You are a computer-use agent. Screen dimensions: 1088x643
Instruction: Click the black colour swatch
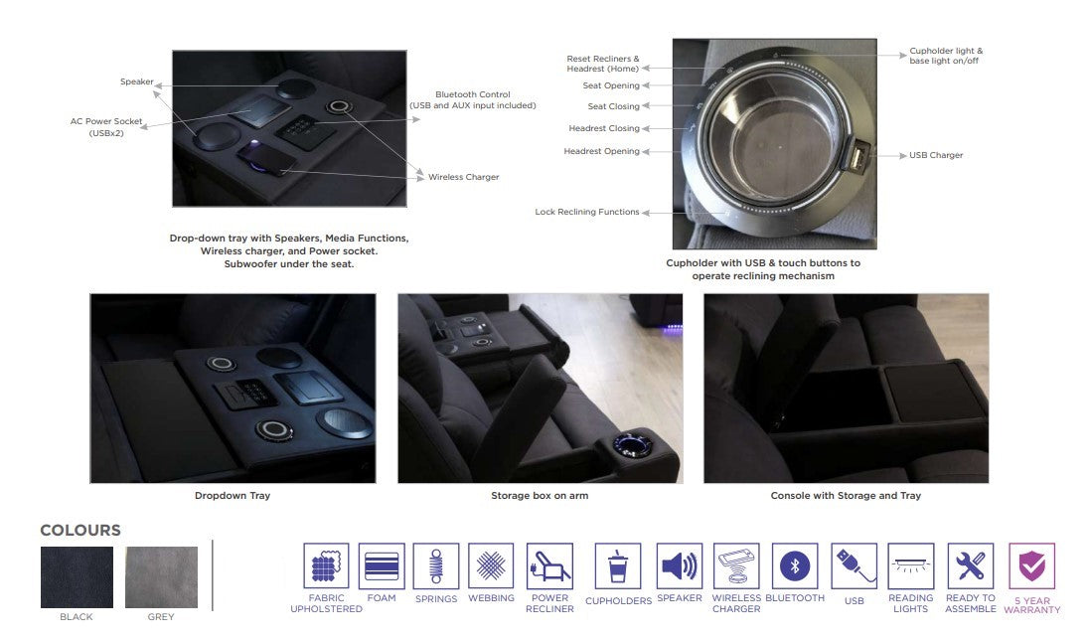click(x=77, y=577)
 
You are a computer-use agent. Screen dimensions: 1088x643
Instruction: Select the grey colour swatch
click(x=161, y=577)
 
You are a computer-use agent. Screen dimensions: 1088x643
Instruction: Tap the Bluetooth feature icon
click(x=795, y=565)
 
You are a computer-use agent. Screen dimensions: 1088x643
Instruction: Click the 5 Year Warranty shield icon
click(x=1031, y=565)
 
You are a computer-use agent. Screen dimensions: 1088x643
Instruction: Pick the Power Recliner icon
click(x=549, y=565)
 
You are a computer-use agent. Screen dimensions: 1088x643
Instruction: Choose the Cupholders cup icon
click(x=618, y=565)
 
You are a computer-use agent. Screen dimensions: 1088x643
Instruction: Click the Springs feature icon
click(x=436, y=565)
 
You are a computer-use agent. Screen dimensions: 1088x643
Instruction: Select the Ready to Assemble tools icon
click(x=970, y=565)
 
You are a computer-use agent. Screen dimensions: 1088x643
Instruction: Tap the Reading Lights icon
click(x=910, y=565)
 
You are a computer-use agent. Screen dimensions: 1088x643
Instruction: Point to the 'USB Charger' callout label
click(x=936, y=155)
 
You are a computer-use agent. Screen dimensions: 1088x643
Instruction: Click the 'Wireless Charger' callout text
click(x=463, y=177)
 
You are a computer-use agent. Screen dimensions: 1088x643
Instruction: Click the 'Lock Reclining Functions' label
click(x=587, y=212)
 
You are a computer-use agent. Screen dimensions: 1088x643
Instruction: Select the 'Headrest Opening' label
click(x=601, y=151)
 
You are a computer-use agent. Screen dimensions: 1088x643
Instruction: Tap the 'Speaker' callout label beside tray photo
click(x=137, y=81)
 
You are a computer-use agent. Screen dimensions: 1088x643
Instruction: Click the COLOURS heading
click(x=80, y=530)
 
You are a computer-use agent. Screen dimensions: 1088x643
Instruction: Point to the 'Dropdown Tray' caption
click(x=233, y=495)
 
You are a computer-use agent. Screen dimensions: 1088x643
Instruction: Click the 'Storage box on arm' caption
click(x=540, y=495)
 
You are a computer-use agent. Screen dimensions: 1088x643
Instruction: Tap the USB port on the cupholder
click(x=856, y=156)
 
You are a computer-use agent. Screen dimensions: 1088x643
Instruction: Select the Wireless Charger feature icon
click(x=736, y=565)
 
